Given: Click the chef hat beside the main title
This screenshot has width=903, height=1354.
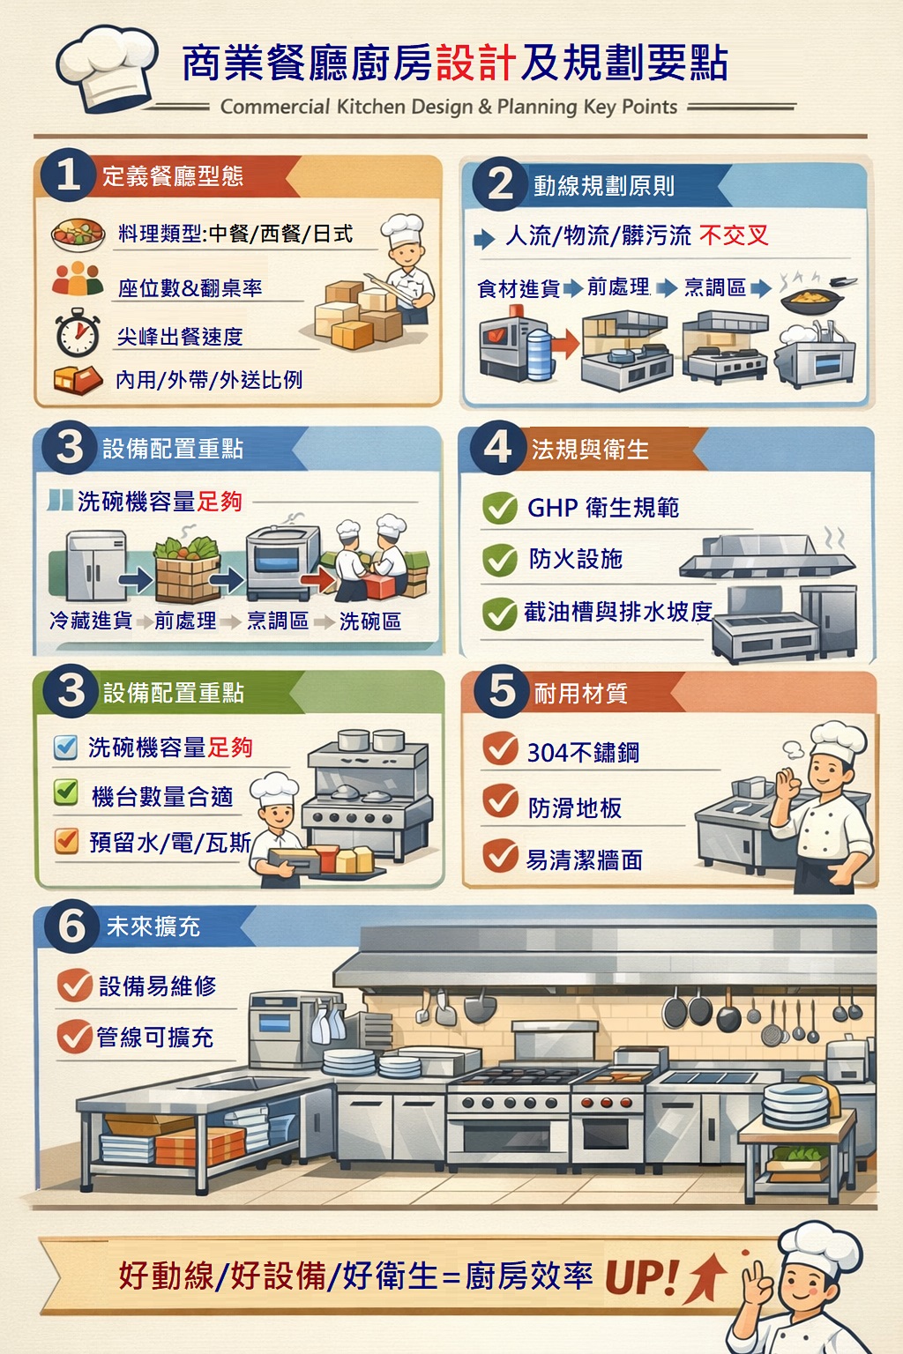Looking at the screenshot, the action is pos(107,68).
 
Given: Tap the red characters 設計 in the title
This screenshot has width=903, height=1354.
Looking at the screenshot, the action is pos(475,63).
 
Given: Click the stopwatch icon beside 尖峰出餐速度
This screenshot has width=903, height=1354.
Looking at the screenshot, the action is pos(78,332).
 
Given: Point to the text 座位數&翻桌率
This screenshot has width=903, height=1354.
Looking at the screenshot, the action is pos(190,288).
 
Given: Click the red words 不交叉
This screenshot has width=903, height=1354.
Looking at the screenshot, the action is pos(734,235).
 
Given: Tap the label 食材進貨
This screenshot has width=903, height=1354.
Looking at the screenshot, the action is pos(519,288).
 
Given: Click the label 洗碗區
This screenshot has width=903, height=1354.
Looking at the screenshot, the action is pos(370,621).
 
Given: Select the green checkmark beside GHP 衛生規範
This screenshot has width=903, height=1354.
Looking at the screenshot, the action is pos(500,508).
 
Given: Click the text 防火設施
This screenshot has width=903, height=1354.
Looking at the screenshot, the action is pos(575,559).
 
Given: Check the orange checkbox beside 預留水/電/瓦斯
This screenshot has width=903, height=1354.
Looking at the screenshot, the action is pos(66,840).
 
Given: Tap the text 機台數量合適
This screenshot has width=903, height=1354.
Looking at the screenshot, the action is pos(162,797).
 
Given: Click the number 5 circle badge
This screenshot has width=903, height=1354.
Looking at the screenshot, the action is pos(502,691).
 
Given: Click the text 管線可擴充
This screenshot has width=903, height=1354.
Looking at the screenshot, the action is pos(155,1038).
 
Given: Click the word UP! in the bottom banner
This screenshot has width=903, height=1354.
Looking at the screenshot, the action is pos(640,1277).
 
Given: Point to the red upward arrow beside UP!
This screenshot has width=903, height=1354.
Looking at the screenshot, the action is pos(705,1277).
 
